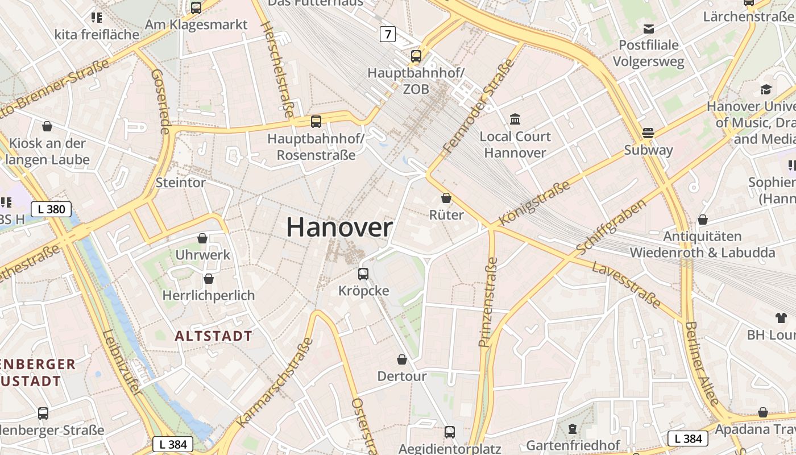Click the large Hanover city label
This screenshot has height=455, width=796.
[339, 227]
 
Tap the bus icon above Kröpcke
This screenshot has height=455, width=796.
[363, 274]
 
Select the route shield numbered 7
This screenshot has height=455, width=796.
[388, 34]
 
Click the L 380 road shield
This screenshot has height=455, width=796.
[51, 209]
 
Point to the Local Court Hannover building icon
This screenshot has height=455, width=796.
[515, 119]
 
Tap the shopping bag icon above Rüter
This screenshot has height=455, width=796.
[446, 198]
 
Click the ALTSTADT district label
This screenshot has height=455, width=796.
[213, 336]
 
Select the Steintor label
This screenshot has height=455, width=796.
[181, 183]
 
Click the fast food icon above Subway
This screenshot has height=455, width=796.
[648, 133]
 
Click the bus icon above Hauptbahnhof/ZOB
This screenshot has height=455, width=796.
[416, 56]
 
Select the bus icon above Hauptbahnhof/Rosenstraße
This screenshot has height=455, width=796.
[316, 121]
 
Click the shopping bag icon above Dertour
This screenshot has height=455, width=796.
[402, 359]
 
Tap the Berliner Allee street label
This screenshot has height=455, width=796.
[702, 364]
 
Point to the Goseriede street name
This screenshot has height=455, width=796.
[161, 102]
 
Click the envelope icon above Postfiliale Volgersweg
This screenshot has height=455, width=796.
[648, 28]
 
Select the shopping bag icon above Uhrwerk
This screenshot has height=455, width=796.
[202, 238]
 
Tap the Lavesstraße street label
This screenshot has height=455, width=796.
[626, 285]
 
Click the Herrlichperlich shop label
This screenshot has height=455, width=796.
[209, 296]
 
